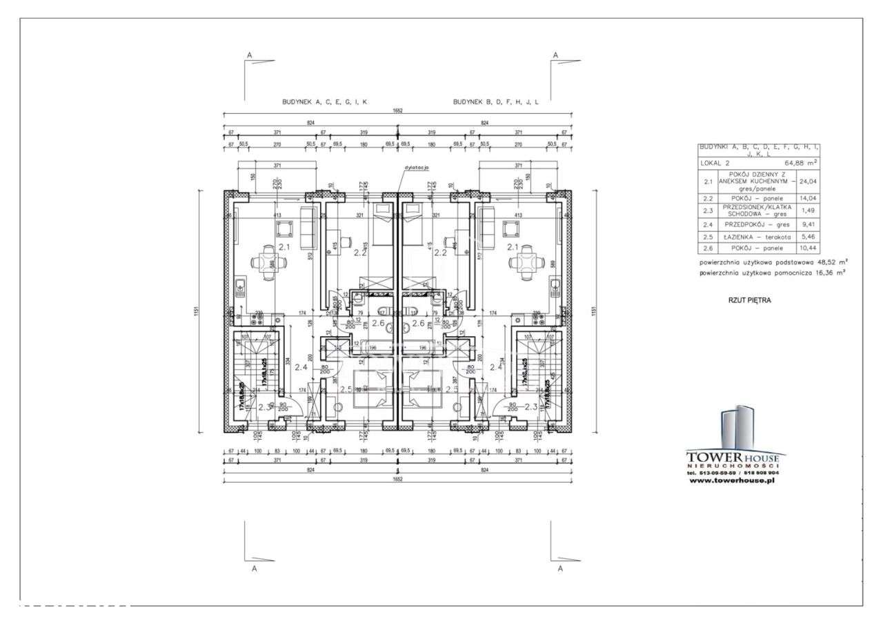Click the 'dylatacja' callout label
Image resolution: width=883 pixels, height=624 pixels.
417,168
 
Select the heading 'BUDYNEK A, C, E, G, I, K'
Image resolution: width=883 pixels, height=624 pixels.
324,101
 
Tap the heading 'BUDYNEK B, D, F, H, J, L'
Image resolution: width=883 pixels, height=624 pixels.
495,101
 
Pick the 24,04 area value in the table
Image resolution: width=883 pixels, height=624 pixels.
807,181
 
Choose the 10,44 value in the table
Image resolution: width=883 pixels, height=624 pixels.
807,248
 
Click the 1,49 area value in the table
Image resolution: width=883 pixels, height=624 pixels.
807,210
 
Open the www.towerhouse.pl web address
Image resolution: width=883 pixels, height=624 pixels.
732,480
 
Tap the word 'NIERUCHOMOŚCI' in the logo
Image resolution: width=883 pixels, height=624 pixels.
732,466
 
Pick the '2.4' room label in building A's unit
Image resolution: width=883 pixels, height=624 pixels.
300,367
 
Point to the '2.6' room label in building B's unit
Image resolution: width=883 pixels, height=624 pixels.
418,322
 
